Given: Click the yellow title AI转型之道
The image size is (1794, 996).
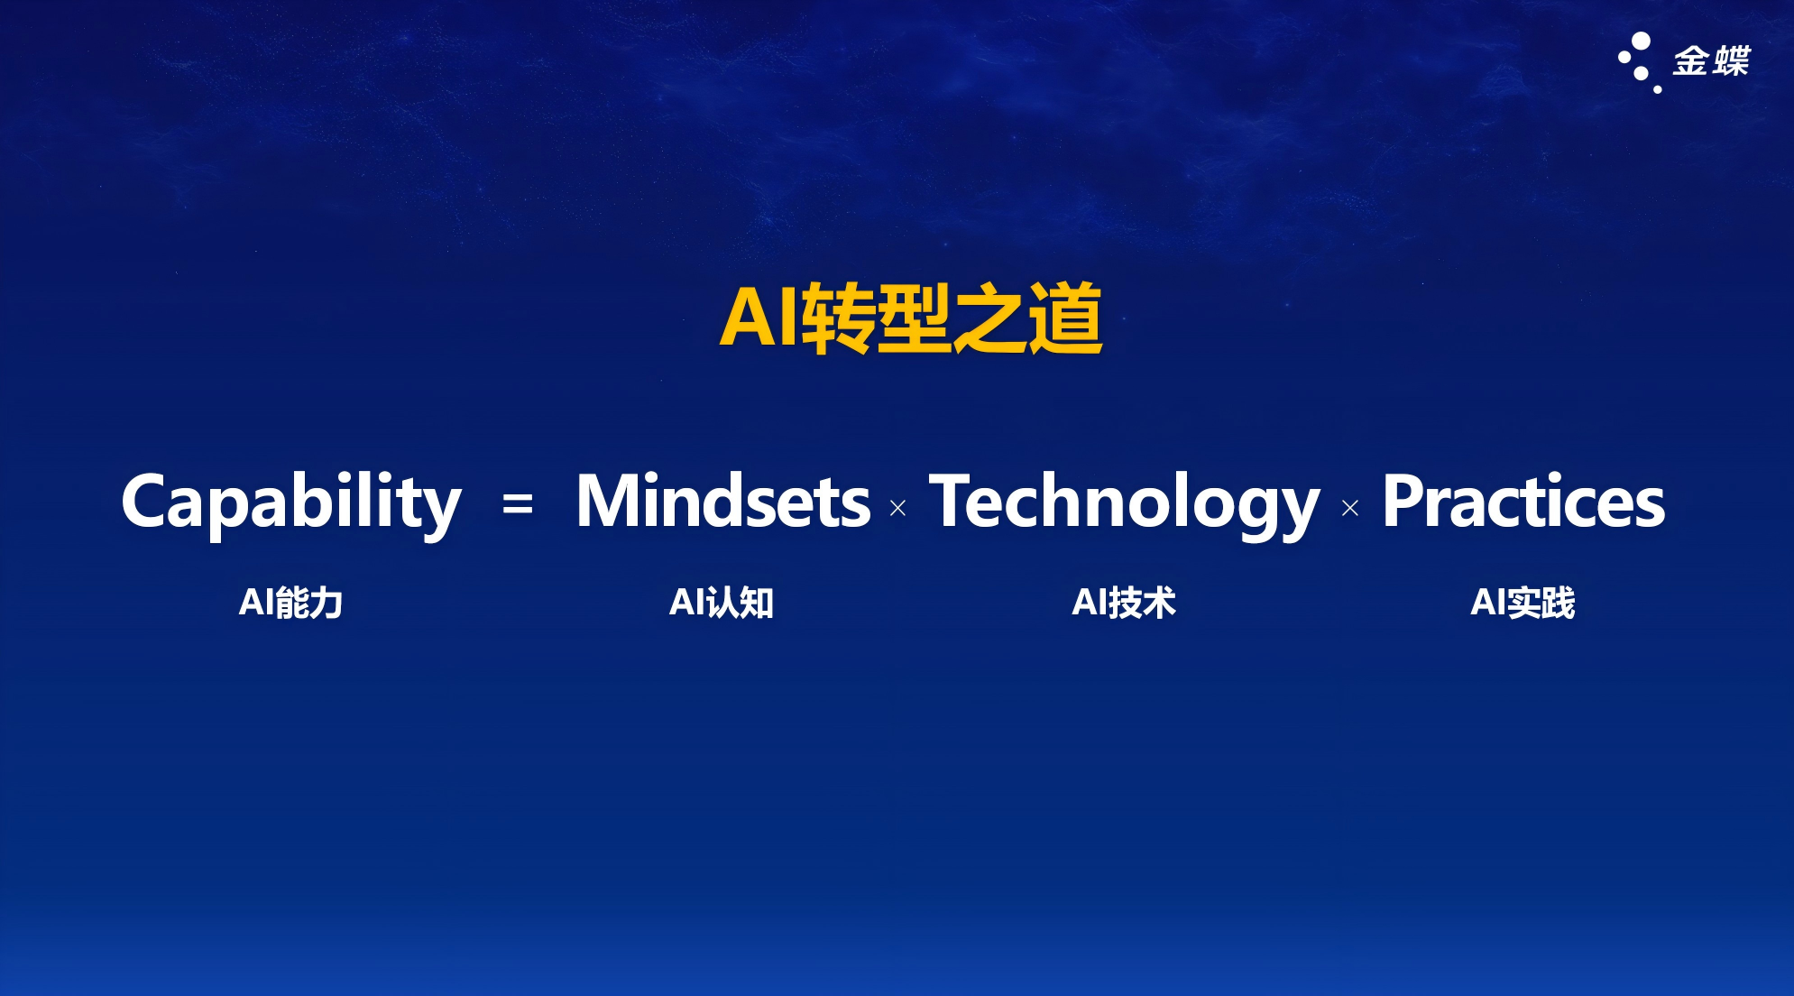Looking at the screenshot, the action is [x=911, y=318].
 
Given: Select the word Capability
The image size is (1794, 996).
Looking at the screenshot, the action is [x=291, y=502].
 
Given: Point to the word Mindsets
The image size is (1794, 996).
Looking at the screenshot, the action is [x=723, y=500].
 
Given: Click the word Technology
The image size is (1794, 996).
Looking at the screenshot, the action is [x=1125, y=503].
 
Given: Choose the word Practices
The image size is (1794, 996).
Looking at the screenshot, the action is [x=1523, y=500].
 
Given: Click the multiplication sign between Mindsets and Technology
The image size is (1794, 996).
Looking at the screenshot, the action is [x=897, y=509].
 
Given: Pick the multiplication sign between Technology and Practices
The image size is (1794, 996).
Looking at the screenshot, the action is [x=1350, y=509].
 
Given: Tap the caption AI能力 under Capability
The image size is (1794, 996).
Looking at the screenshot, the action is [x=290, y=603].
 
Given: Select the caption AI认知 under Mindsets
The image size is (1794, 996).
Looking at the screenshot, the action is [x=722, y=603].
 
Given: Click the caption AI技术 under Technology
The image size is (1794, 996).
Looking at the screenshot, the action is [x=1124, y=603].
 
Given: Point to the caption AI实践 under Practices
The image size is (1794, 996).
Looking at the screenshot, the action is [x=1523, y=603].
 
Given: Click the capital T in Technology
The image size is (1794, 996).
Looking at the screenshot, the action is [x=954, y=501].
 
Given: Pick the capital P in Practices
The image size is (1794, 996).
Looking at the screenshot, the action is [x=1404, y=501].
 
